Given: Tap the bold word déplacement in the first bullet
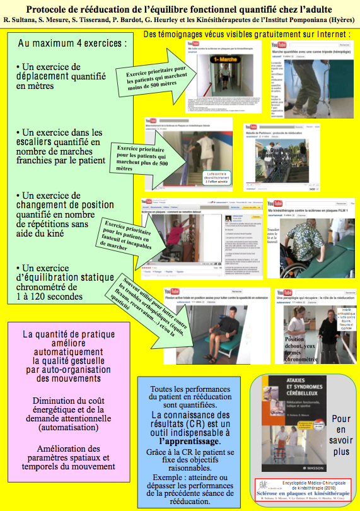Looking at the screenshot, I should [x=59, y=76].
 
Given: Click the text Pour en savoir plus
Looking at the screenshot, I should [x=340, y=435].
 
